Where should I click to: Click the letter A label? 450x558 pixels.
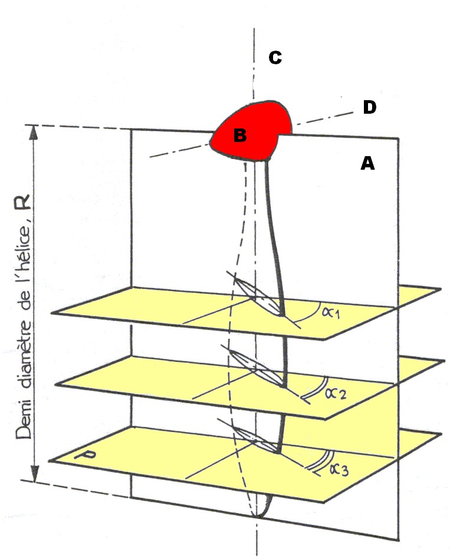(x=367, y=164)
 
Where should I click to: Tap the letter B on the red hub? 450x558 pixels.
(x=239, y=136)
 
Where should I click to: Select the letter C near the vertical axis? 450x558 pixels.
(x=275, y=58)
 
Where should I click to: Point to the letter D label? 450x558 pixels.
(x=369, y=107)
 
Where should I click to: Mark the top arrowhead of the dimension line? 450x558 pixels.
(x=34, y=132)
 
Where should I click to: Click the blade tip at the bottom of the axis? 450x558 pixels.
(x=258, y=515)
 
